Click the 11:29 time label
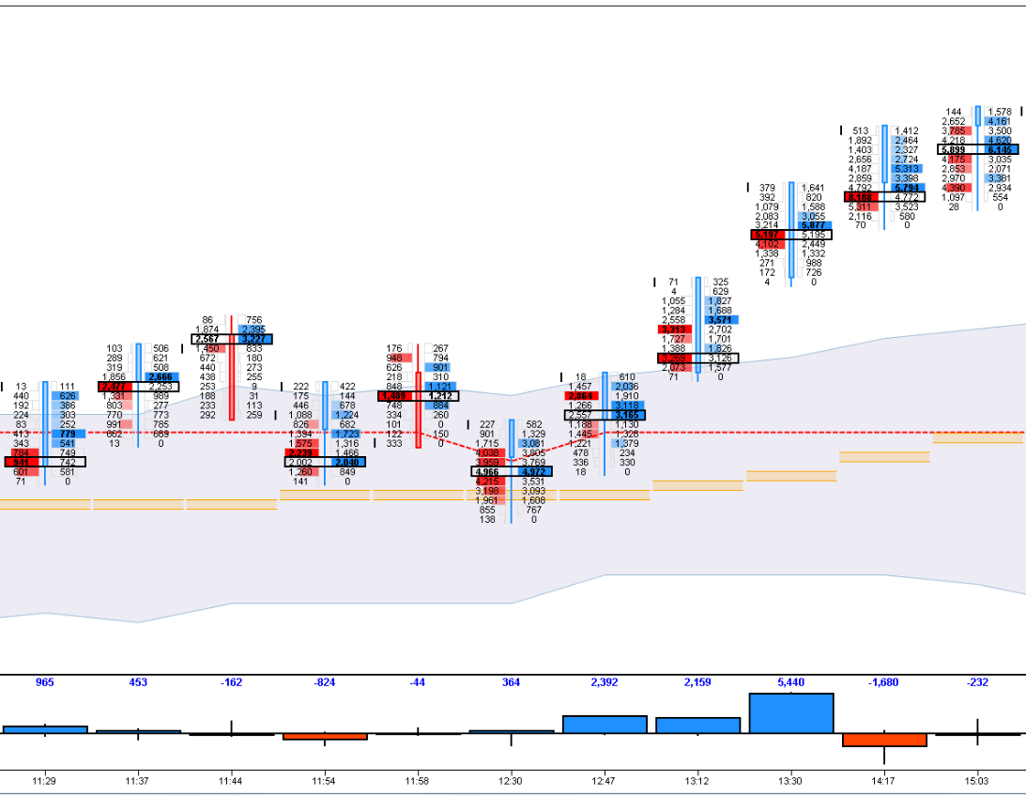pos(44,780)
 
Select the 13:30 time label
pos(790,780)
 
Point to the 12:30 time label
pos(511,780)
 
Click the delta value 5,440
pos(790,682)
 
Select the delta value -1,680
pos(884,682)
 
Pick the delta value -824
pos(324,682)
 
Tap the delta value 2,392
pos(605,682)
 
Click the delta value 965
pos(44,682)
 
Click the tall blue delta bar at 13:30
pos(790,713)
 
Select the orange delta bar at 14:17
pos(884,740)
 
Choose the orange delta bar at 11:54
pos(324,737)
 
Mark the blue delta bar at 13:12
pos(697,725)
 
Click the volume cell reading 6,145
pos(1000,149)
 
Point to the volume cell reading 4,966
pos(488,471)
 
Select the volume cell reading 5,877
pos(813,225)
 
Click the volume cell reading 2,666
pos(159,376)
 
